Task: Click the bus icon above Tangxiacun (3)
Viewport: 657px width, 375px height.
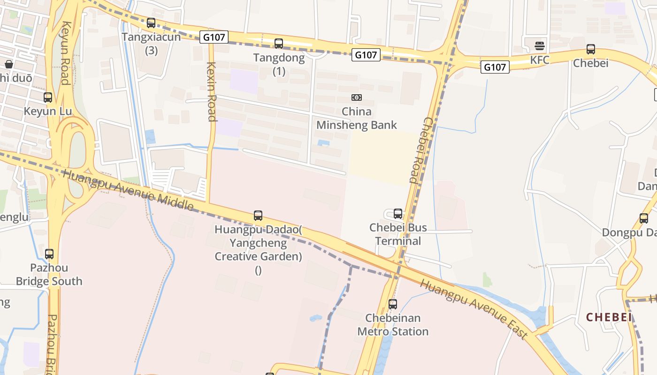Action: coord(151,22)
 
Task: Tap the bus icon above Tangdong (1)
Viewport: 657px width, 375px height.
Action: coord(279,44)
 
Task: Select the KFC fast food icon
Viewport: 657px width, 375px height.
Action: coord(540,46)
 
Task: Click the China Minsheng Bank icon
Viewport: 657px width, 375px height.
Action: coord(357,97)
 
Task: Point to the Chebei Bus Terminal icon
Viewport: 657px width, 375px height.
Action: coord(398,214)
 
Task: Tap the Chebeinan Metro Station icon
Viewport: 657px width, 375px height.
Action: coord(393,304)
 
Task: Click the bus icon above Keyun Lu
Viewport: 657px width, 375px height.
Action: coord(48,97)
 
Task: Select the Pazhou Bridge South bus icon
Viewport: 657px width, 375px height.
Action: coord(49,254)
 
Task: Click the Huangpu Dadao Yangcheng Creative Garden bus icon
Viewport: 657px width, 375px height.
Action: coord(258,216)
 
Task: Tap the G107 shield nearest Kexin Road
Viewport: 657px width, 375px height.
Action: coord(214,37)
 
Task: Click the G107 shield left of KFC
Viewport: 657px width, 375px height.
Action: coord(495,67)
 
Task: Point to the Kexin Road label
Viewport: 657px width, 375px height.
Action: coord(212,91)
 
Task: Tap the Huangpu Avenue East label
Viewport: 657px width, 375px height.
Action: coord(474,309)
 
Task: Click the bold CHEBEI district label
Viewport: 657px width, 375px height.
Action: coord(609,317)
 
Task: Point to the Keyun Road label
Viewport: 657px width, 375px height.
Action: coord(65,53)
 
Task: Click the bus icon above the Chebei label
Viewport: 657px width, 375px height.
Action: coord(591,49)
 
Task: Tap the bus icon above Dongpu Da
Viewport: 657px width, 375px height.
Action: coord(644,218)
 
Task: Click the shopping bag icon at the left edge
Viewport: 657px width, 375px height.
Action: coord(9,64)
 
